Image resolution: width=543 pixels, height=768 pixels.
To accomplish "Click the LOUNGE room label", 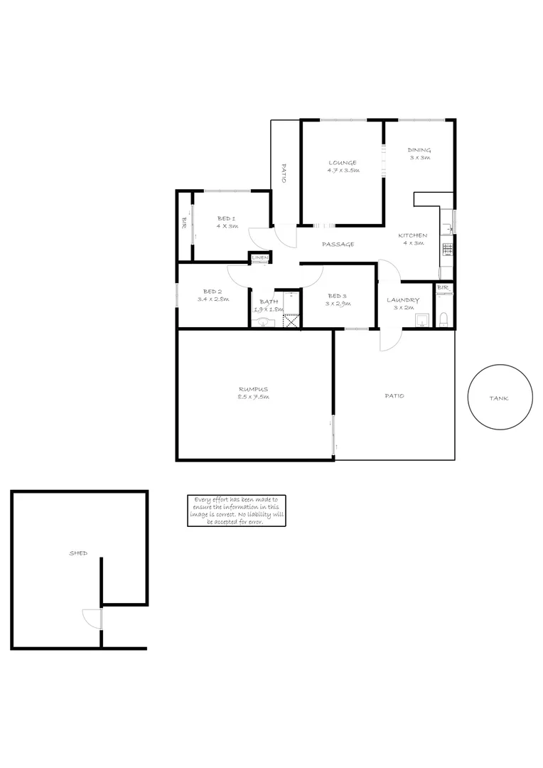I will pyautogui.click(x=343, y=163).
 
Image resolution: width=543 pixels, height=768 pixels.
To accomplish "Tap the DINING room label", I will pyautogui.click(x=419, y=150).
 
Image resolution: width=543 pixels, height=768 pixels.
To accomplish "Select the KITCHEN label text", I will pyautogui.click(x=412, y=235).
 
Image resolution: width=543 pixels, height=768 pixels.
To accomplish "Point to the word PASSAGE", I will pyautogui.click(x=338, y=245).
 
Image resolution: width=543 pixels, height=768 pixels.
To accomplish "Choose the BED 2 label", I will pyautogui.click(x=213, y=292).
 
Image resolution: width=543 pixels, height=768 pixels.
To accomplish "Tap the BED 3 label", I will pyautogui.click(x=337, y=297).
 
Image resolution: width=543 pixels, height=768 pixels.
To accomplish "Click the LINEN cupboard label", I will pyautogui.click(x=259, y=257).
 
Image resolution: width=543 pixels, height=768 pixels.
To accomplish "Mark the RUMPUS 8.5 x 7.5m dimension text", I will pyautogui.click(x=253, y=397).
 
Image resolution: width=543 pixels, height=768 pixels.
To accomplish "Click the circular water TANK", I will pyautogui.click(x=498, y=398).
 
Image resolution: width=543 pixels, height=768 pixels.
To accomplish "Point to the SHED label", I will pyautogui.click(x=78, y=553).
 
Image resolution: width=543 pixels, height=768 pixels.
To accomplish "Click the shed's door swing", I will pyautogui.click(x=92, y=618).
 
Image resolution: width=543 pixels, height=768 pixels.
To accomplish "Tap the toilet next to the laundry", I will pyautogui.click(x=443, y=319).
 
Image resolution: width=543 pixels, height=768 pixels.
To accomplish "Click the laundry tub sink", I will pyautogui.click(x=420, y=320).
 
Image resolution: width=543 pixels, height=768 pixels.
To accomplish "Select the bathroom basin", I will pyautogui.click(x=264, y=323).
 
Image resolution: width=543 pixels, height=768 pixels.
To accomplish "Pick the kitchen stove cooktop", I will pyautogui.click(x=447, y=249).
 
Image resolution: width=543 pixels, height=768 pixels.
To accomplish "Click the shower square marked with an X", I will pyautogui.click(x=291, y=320).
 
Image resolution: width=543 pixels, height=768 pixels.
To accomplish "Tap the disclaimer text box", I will pyautogui.click(x=237, y=511).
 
